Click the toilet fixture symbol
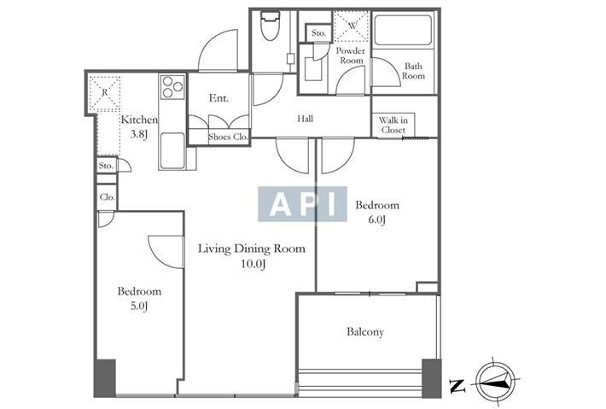tap(271, 26)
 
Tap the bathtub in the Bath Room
tap(403, 30)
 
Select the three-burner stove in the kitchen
tap(172, 87)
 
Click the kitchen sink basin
tap(172, 150)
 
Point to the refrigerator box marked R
tap(104, 94)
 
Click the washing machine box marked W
tap(352, 26)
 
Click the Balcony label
tap(365, 331)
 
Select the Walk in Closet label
tap(393, 125)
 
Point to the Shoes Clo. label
tap(228, 137)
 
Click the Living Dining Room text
tap(252, 248)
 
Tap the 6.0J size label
tap(377, 219)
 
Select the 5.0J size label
tap(139, 307)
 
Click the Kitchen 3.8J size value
tap(139, 135)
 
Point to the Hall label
tap(306, 119)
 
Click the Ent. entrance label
tap(219, 98)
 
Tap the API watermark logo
tap(302, 204)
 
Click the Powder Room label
tap(351, 56)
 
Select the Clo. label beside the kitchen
tap(107, 197)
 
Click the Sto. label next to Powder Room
tap(319, 33)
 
